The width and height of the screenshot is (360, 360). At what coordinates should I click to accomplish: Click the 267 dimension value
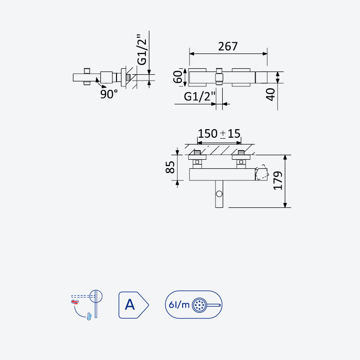click(x=228, y=46)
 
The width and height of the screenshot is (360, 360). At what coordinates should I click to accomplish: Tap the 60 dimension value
click(x=178, y=76)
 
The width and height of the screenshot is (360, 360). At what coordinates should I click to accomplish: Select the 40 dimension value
click(x=270, y=94)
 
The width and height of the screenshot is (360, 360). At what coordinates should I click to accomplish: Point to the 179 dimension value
click(x=278, y=181)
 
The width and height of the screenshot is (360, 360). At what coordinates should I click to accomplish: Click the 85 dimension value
click(x=170, y=167)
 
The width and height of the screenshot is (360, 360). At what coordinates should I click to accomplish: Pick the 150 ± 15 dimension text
click(x=219, y=134)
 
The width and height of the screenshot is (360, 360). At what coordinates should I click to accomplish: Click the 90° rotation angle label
click(x=109, y=94)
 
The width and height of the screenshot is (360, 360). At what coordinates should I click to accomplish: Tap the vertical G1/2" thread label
click(x=142, y=50)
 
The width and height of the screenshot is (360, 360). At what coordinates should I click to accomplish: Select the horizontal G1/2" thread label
click(x=199, y=96)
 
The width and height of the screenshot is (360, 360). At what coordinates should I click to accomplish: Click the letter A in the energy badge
click(x=130, y=305)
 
